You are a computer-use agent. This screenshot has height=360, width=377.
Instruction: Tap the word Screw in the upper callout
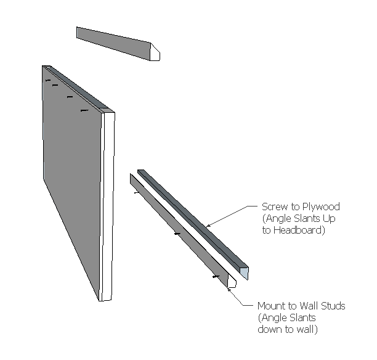[x=273, y=207]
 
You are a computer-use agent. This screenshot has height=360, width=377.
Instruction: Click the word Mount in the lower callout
[x=272, y=306]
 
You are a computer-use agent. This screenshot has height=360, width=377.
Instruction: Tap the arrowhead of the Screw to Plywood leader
[x=208, y=226]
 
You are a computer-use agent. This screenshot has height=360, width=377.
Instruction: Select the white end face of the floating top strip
[x=156, y=52]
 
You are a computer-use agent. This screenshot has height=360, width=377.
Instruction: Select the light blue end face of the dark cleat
[x=245, y=272]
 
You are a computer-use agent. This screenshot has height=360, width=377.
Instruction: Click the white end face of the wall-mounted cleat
[x=232, y=282]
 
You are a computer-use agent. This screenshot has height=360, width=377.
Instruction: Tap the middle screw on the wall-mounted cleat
[x=177, y=234]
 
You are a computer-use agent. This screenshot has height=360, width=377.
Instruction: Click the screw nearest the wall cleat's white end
[x=216, y=277]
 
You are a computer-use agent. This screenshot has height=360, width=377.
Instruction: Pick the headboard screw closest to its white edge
[x=84, y=111]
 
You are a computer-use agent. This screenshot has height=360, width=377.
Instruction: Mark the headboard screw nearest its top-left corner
[x=47, y=80]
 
